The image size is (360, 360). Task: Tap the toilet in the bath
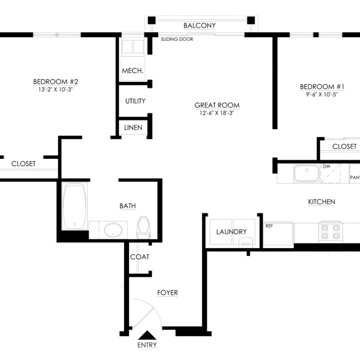click(144, 227)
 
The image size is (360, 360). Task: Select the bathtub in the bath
click(75, 206)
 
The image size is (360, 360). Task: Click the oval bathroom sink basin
click(113, 230)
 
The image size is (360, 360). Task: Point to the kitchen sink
click(307, 173)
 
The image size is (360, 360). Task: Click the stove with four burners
click(330, 232)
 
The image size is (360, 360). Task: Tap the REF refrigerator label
click(269, 226)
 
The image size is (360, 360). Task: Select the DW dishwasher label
click(327, 166)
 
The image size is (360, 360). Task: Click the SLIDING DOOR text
click(177, 39)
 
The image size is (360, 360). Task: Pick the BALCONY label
click(200, 25)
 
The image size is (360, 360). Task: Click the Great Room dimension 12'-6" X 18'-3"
click(217, 113)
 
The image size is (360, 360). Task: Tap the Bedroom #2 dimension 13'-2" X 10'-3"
click(56, 90)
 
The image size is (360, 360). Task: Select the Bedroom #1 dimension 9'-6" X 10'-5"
click(322, 94)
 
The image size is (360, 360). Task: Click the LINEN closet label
click(133, 128)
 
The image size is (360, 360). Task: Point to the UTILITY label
click(135, 101)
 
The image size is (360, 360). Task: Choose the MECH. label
click(133, 71)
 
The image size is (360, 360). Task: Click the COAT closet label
click(140, 257)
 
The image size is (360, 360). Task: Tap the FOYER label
click(168, 293)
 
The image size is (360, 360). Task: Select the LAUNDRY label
click(231, 232)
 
